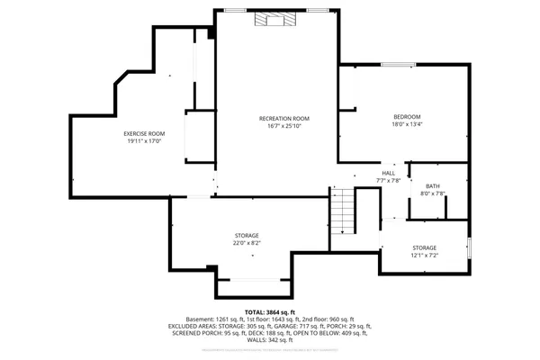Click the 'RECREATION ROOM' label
[x=283, y=119]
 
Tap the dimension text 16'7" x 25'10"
[x=283, y=126]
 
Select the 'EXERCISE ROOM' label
[x=144, y=133]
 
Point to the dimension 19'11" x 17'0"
[x=144, y=140]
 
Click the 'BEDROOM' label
[x=407, y=117]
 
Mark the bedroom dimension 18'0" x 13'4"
[x=407, y=124]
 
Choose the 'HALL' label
[x=388, y=174]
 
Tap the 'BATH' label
[x=433, y=186]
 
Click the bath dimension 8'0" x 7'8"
[x=433, y=193]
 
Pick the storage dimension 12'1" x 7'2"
[x=425, y=255]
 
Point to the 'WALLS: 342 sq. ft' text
[x=269, y=340]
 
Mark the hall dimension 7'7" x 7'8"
[x=388, y=181]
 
